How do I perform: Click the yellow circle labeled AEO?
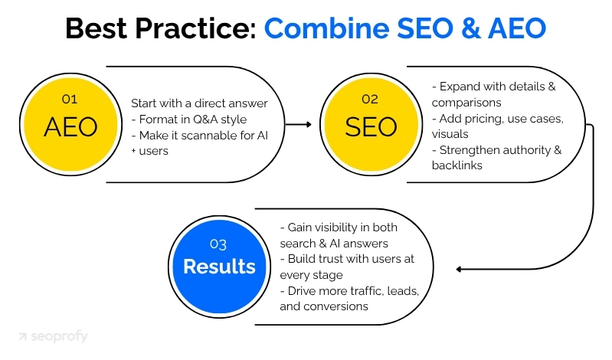(70, 125)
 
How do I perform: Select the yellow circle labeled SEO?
(371, 125)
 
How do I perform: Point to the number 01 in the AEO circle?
(69, 98)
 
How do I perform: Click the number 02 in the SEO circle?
(371, 98)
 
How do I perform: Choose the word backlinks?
(457, 165)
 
